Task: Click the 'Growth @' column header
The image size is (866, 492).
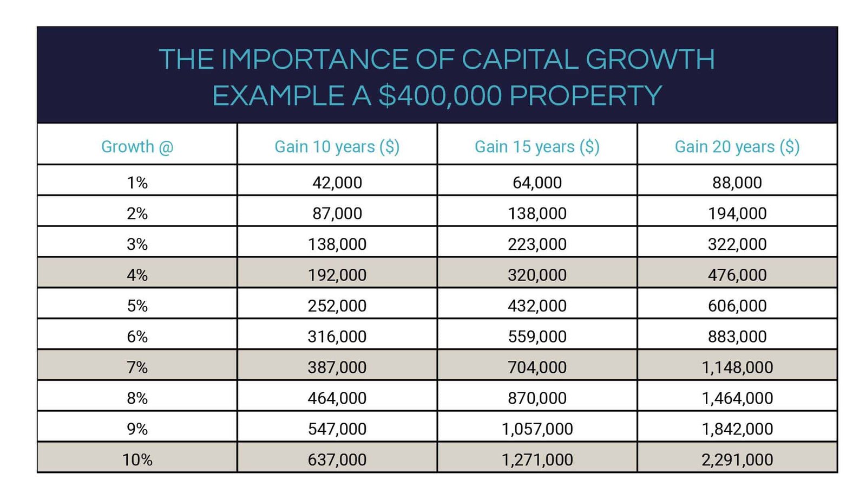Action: point(137,146)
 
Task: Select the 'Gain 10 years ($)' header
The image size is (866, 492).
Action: point(337,146)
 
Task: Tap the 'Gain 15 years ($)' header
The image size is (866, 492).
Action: point(537,146)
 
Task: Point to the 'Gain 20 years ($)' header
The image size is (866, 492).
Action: point(737,146)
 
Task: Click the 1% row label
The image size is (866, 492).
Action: point(137,183)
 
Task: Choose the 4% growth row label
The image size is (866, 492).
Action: point(137,275)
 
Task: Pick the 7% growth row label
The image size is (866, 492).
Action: point(137,367)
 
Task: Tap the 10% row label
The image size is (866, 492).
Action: point(137,459)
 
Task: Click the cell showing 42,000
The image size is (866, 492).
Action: point(337,183)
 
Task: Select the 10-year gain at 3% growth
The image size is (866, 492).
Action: point(337,244)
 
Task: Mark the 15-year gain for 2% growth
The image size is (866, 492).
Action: point(537,213)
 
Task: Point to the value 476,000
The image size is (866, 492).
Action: point(737,275)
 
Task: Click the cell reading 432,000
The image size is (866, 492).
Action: point(537,306)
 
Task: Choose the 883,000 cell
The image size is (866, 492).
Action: point(737,336)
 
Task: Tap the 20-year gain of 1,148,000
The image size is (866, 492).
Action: point(737,367)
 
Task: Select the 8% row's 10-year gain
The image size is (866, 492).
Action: point(337,398)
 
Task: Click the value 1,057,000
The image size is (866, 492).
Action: point(537,429)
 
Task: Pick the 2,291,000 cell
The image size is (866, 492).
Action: point(737,459)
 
